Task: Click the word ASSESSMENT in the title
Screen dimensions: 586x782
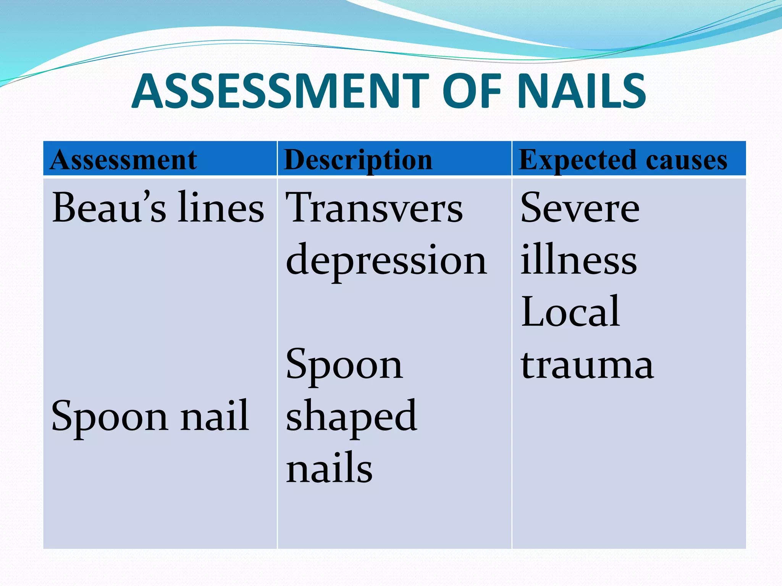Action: click(x=281, y=92)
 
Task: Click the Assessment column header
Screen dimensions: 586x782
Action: click(x=123, y=160)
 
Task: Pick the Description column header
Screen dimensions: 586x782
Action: click(x=358, y=160)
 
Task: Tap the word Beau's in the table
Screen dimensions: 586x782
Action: click(x=109, y=208)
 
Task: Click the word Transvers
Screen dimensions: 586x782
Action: click(x=374, y=208)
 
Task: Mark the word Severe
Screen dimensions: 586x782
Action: click(x=580, y=208)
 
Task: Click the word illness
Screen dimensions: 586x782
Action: click(x=578, y=261)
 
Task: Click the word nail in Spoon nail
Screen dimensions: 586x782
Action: click(x=215, y=416)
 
